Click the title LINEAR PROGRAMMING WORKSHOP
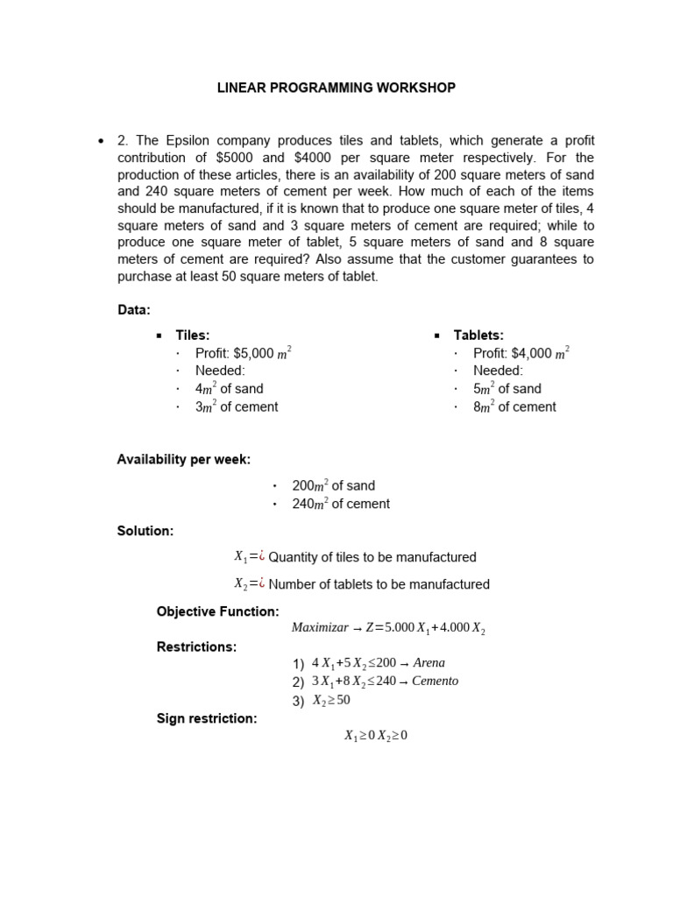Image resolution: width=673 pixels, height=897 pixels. [x=336, y=88]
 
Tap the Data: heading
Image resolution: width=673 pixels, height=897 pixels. [x=134, y=310]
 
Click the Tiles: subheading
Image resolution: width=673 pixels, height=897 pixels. [x=193, y=335]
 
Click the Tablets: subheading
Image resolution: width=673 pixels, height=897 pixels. [x=478, y=335]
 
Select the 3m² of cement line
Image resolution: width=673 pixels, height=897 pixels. [x=237, y=406]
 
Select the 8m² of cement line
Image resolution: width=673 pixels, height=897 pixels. [x=514, y=406]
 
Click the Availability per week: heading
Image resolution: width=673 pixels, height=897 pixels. [x=183, y=459]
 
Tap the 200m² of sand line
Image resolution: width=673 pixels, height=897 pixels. [x=333, y=485]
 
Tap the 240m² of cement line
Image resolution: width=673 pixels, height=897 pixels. [x=341, y=504]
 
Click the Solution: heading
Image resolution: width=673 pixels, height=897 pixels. [x=145, y=531]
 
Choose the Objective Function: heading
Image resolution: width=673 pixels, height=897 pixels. [x=217, y=611]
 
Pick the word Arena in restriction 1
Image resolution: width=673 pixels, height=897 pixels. [x=429, y=663]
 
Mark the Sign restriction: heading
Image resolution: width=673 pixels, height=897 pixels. [x=206, y=718]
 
